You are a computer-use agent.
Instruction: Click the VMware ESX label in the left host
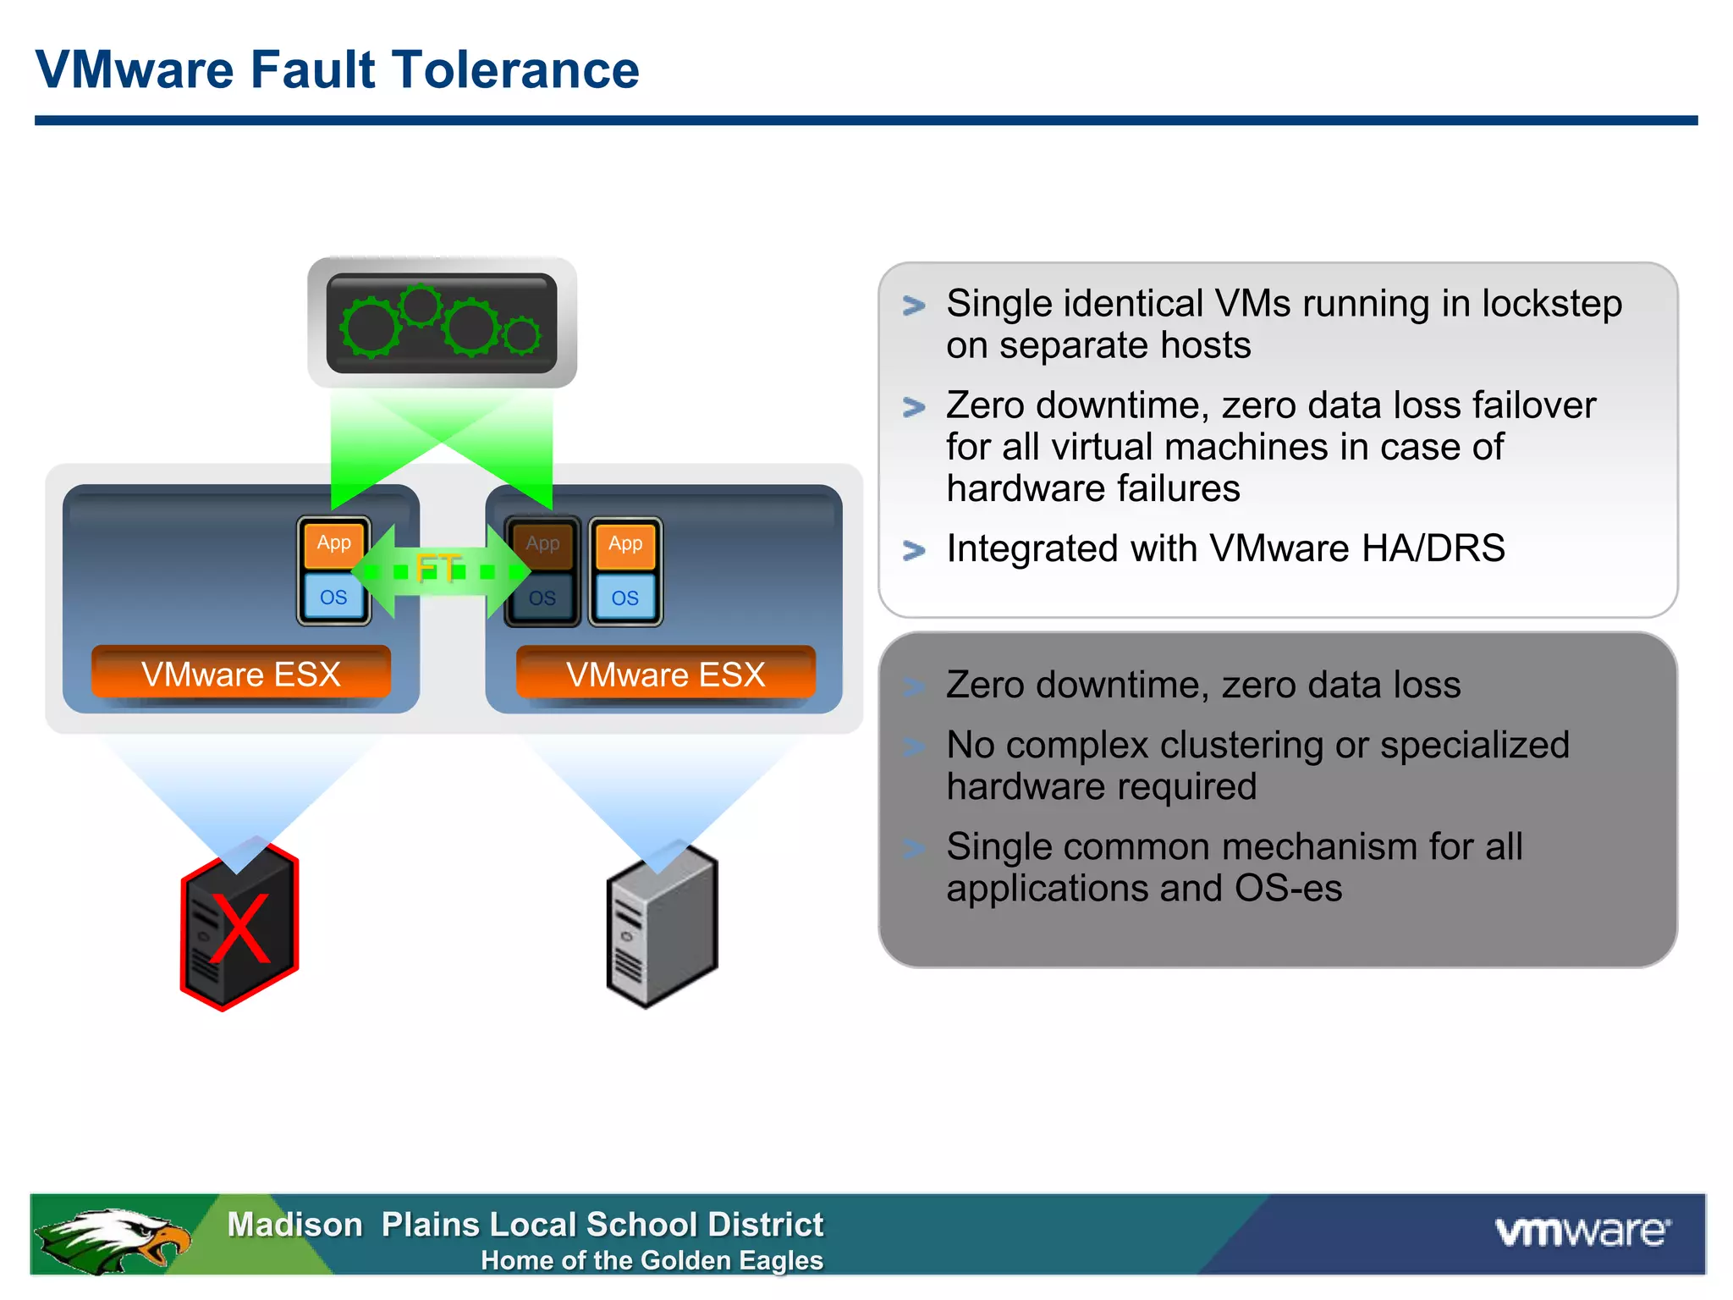(240, 675)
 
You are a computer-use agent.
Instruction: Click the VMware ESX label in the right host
(665, 675)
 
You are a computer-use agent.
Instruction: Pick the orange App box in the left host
(333, 543)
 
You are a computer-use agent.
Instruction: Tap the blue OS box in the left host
(333, 598)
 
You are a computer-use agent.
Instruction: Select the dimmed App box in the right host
(542, 544)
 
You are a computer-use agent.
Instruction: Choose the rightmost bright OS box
(625, 598)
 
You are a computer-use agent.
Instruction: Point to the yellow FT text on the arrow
(438, 568)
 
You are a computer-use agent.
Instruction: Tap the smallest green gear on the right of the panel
(522, 335)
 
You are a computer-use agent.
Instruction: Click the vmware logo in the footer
(1582, 1231)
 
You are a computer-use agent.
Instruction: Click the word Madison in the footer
(294, 1225)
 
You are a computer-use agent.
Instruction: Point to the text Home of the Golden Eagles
(652, 1260)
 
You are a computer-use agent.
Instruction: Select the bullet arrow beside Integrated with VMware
(914, 550)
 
